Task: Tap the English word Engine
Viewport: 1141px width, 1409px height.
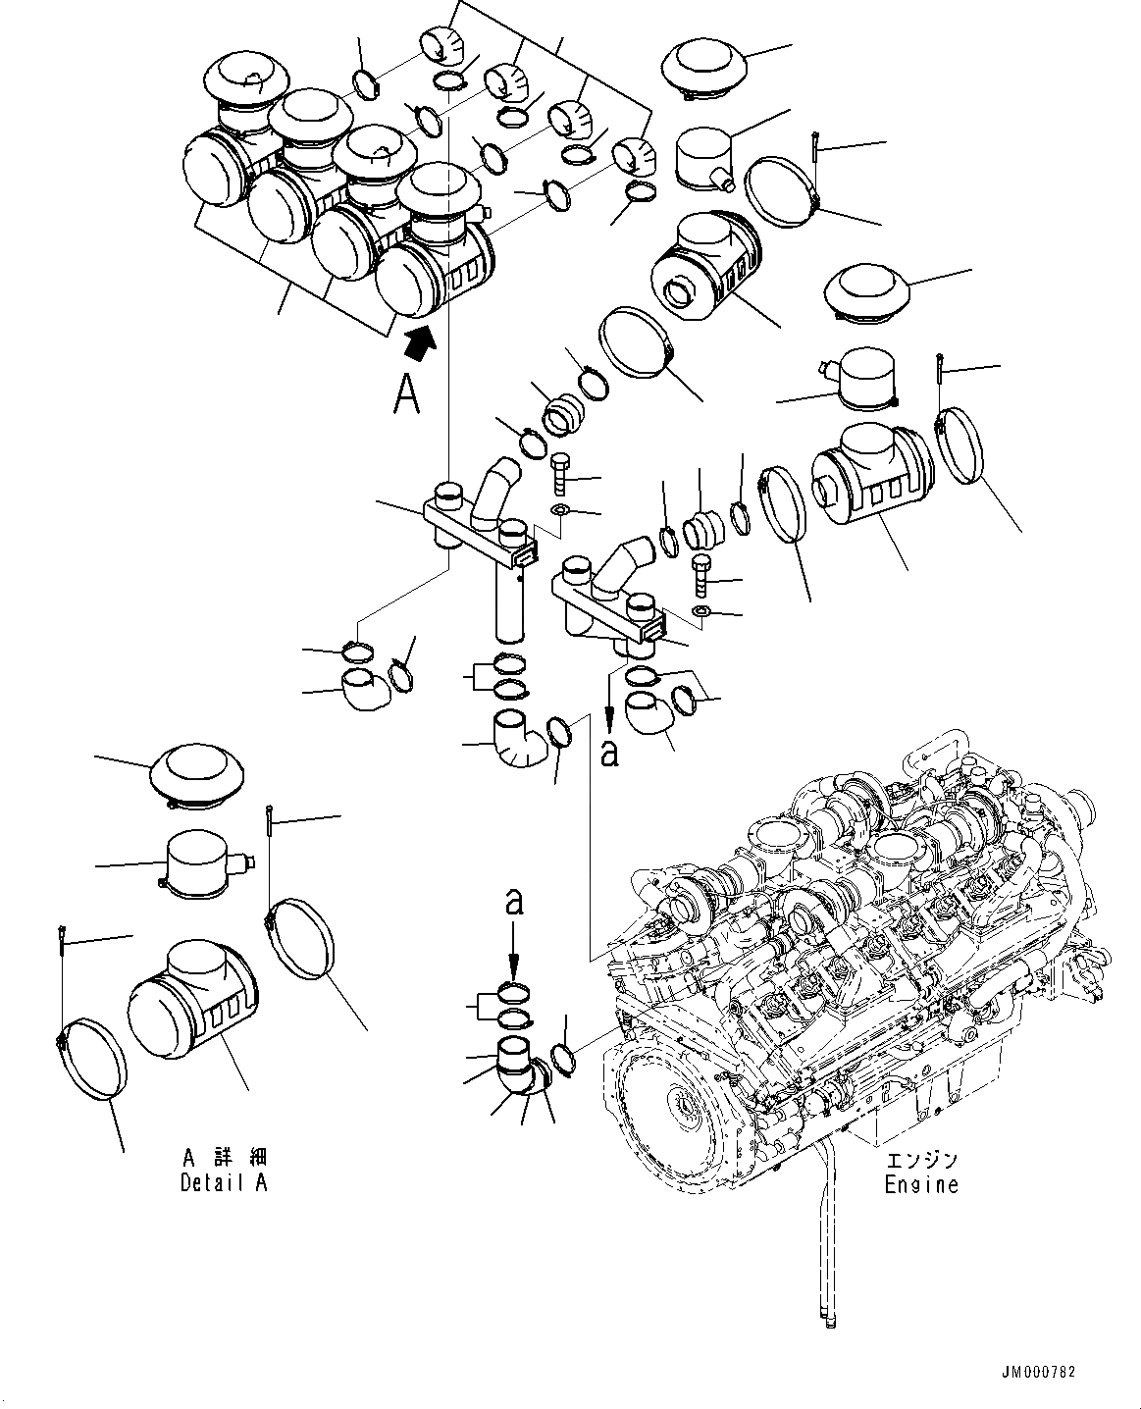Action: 920,1184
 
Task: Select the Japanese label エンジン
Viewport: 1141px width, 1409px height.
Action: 920,1159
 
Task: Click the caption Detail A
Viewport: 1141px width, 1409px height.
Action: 223,1182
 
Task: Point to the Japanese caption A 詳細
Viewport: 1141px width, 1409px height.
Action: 223,1158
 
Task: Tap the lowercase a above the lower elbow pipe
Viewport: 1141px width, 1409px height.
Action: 514,903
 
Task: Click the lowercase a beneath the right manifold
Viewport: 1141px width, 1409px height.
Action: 610,753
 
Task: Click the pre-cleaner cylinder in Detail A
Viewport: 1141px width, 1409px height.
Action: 200,861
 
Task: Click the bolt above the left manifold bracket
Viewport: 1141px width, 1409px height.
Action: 559,473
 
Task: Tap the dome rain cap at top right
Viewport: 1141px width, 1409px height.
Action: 705,69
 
